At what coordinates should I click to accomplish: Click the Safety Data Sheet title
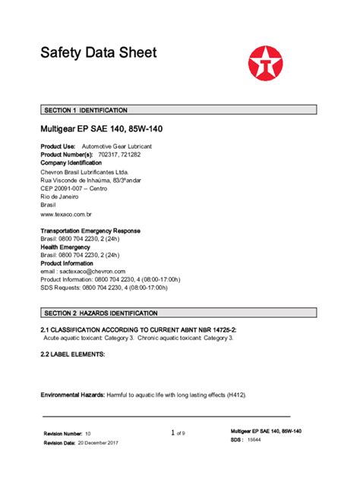(98, 53)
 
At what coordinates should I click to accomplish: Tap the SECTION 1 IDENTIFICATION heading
(85, 110)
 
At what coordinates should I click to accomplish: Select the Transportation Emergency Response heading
(90, 230)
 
